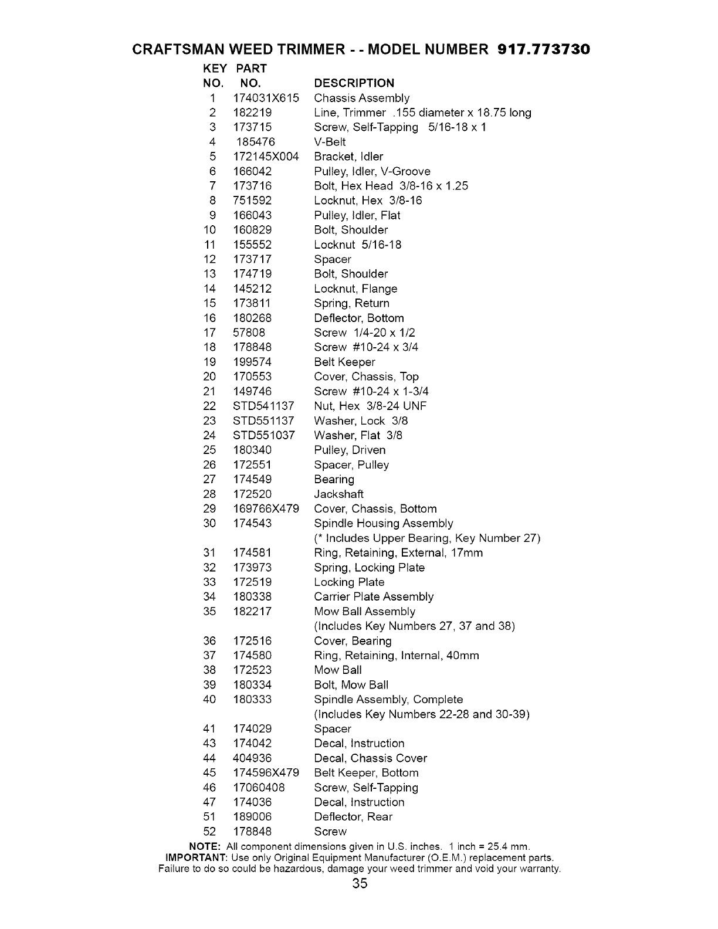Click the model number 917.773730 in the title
(x=543, y=49)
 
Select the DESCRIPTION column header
(x=354, y=83)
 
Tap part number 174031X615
(x=266, y=98)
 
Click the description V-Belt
(x=330, y=142)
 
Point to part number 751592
(x=252, y=201)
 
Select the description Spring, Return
(x=351, y=303)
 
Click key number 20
(x=209, y=377)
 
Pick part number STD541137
(x=263, y=406)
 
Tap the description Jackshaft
(x=338, y=494)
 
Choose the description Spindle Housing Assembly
(x=383, y=523)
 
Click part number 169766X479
(x=266, y=508)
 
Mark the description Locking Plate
(x=349, y=582)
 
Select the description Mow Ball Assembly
(x=364, y=611)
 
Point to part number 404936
(x=252, y=758)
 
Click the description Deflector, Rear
(x=353, y=817)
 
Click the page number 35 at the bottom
(x=360, y=884)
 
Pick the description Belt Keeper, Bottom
(x=366, y=773)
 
